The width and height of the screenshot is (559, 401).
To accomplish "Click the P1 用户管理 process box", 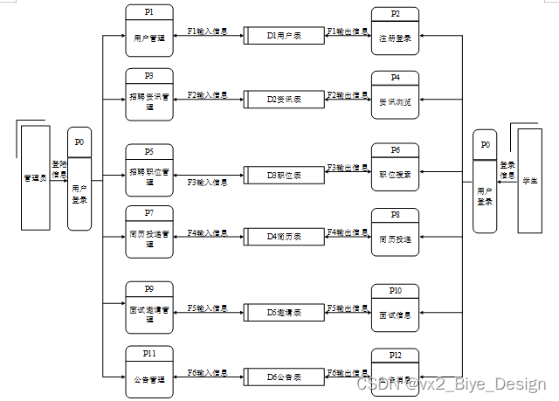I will coord(149,31).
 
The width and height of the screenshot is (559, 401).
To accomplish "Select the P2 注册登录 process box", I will coord(396,33).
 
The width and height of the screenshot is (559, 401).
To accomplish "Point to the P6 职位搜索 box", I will coord(396,168).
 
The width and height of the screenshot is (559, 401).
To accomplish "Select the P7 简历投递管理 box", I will coord(149,232).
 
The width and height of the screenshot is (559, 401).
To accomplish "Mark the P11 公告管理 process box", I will coord(149,372).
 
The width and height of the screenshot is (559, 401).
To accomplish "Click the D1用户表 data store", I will coord(283,36).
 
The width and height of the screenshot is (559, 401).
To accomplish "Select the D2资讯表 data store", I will coord(283,99).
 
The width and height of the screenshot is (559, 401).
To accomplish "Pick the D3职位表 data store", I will coord(283,176).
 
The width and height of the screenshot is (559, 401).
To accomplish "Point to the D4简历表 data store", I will coord(283,236).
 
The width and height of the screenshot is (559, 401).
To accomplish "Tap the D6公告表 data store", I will coord(283,376).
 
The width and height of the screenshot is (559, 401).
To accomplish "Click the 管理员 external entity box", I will coord(36,177).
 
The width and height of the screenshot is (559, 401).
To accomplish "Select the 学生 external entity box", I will coord(530,180).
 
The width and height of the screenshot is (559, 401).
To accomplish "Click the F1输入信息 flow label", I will coord(208,31).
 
